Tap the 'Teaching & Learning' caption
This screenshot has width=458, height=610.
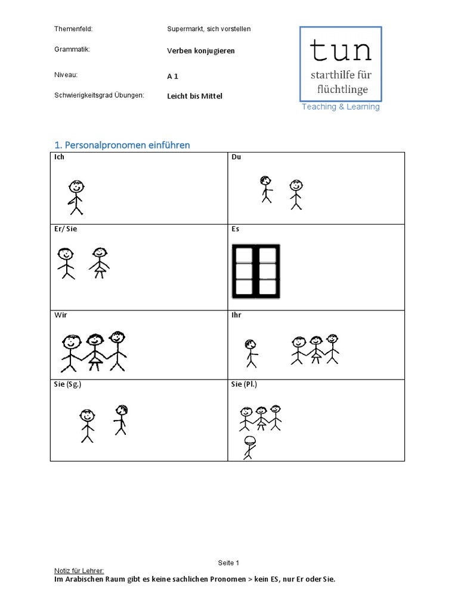coord(341,107)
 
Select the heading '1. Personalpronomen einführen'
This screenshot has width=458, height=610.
coord(122,145)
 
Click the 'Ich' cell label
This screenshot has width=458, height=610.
coord(59,157)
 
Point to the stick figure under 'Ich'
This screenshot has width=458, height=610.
coord(76,197)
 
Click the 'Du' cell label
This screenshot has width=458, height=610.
coord(236,157)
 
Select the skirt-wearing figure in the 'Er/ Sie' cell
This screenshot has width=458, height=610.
coord(100,263)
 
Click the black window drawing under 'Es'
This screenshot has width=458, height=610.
coord(256,271)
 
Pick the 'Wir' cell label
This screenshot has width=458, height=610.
coord(60,315)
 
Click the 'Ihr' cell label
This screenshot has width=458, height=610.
coord(237,315)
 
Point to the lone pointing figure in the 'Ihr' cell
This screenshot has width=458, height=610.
coord(250,353)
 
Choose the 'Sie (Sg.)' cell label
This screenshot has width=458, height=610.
coord(67,384)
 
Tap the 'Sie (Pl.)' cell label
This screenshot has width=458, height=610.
coord(245,384)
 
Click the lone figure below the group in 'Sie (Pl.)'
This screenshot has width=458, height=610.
coord(249,447)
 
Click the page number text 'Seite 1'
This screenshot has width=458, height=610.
coord(228,563)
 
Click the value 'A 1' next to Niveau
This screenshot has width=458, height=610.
coord(173,76)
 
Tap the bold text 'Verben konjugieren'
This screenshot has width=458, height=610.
coord(201,51)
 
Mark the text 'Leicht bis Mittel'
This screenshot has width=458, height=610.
coord(194,96)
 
